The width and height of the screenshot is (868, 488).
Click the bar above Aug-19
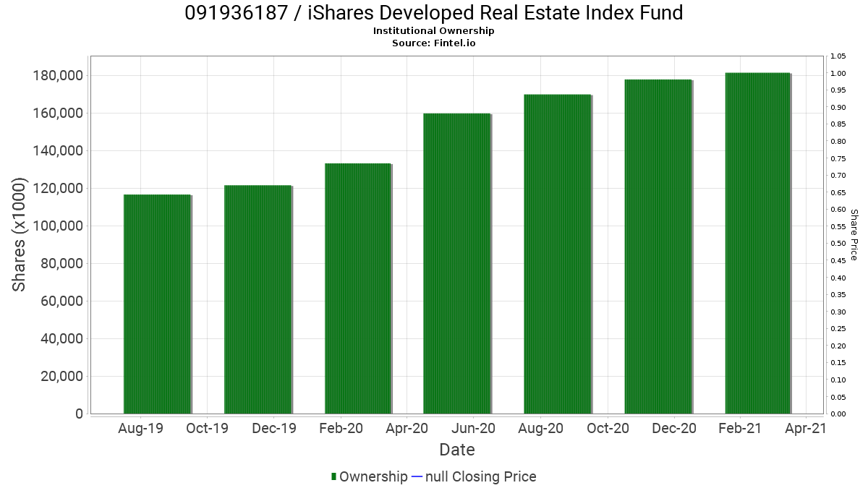tap(157, 304)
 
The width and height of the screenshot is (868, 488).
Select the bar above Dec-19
tap(258, 299)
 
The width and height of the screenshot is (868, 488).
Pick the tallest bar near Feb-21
tap(757, 243)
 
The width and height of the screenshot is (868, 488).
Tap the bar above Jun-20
tap(457, 263)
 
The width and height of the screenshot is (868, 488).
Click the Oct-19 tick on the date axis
tap(207, 429)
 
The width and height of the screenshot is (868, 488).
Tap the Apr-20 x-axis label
tap(407, 429)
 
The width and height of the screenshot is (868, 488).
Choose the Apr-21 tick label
tap(806, 429)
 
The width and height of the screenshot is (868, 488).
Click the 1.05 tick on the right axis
tap(838, 56)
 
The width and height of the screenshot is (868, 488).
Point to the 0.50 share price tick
tap(838, 244)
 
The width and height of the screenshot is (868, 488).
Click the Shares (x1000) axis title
tap(20, 235)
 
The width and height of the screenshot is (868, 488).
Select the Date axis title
tap(457, 450)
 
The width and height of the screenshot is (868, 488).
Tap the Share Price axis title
tap(854, 235)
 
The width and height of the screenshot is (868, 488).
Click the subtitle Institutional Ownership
tap(434, 31)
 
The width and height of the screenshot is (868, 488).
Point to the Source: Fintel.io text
tap(434, 43)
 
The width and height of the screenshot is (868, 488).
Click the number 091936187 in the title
tap(231, 13)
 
